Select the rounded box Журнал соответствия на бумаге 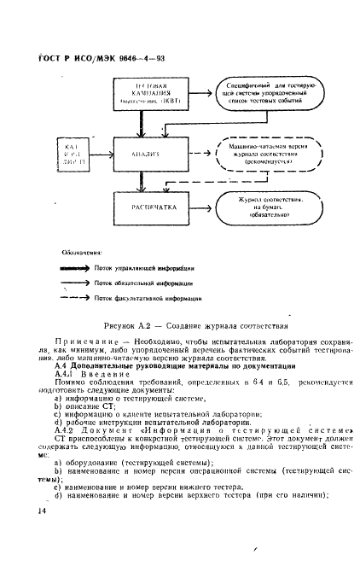pos(266,208)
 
